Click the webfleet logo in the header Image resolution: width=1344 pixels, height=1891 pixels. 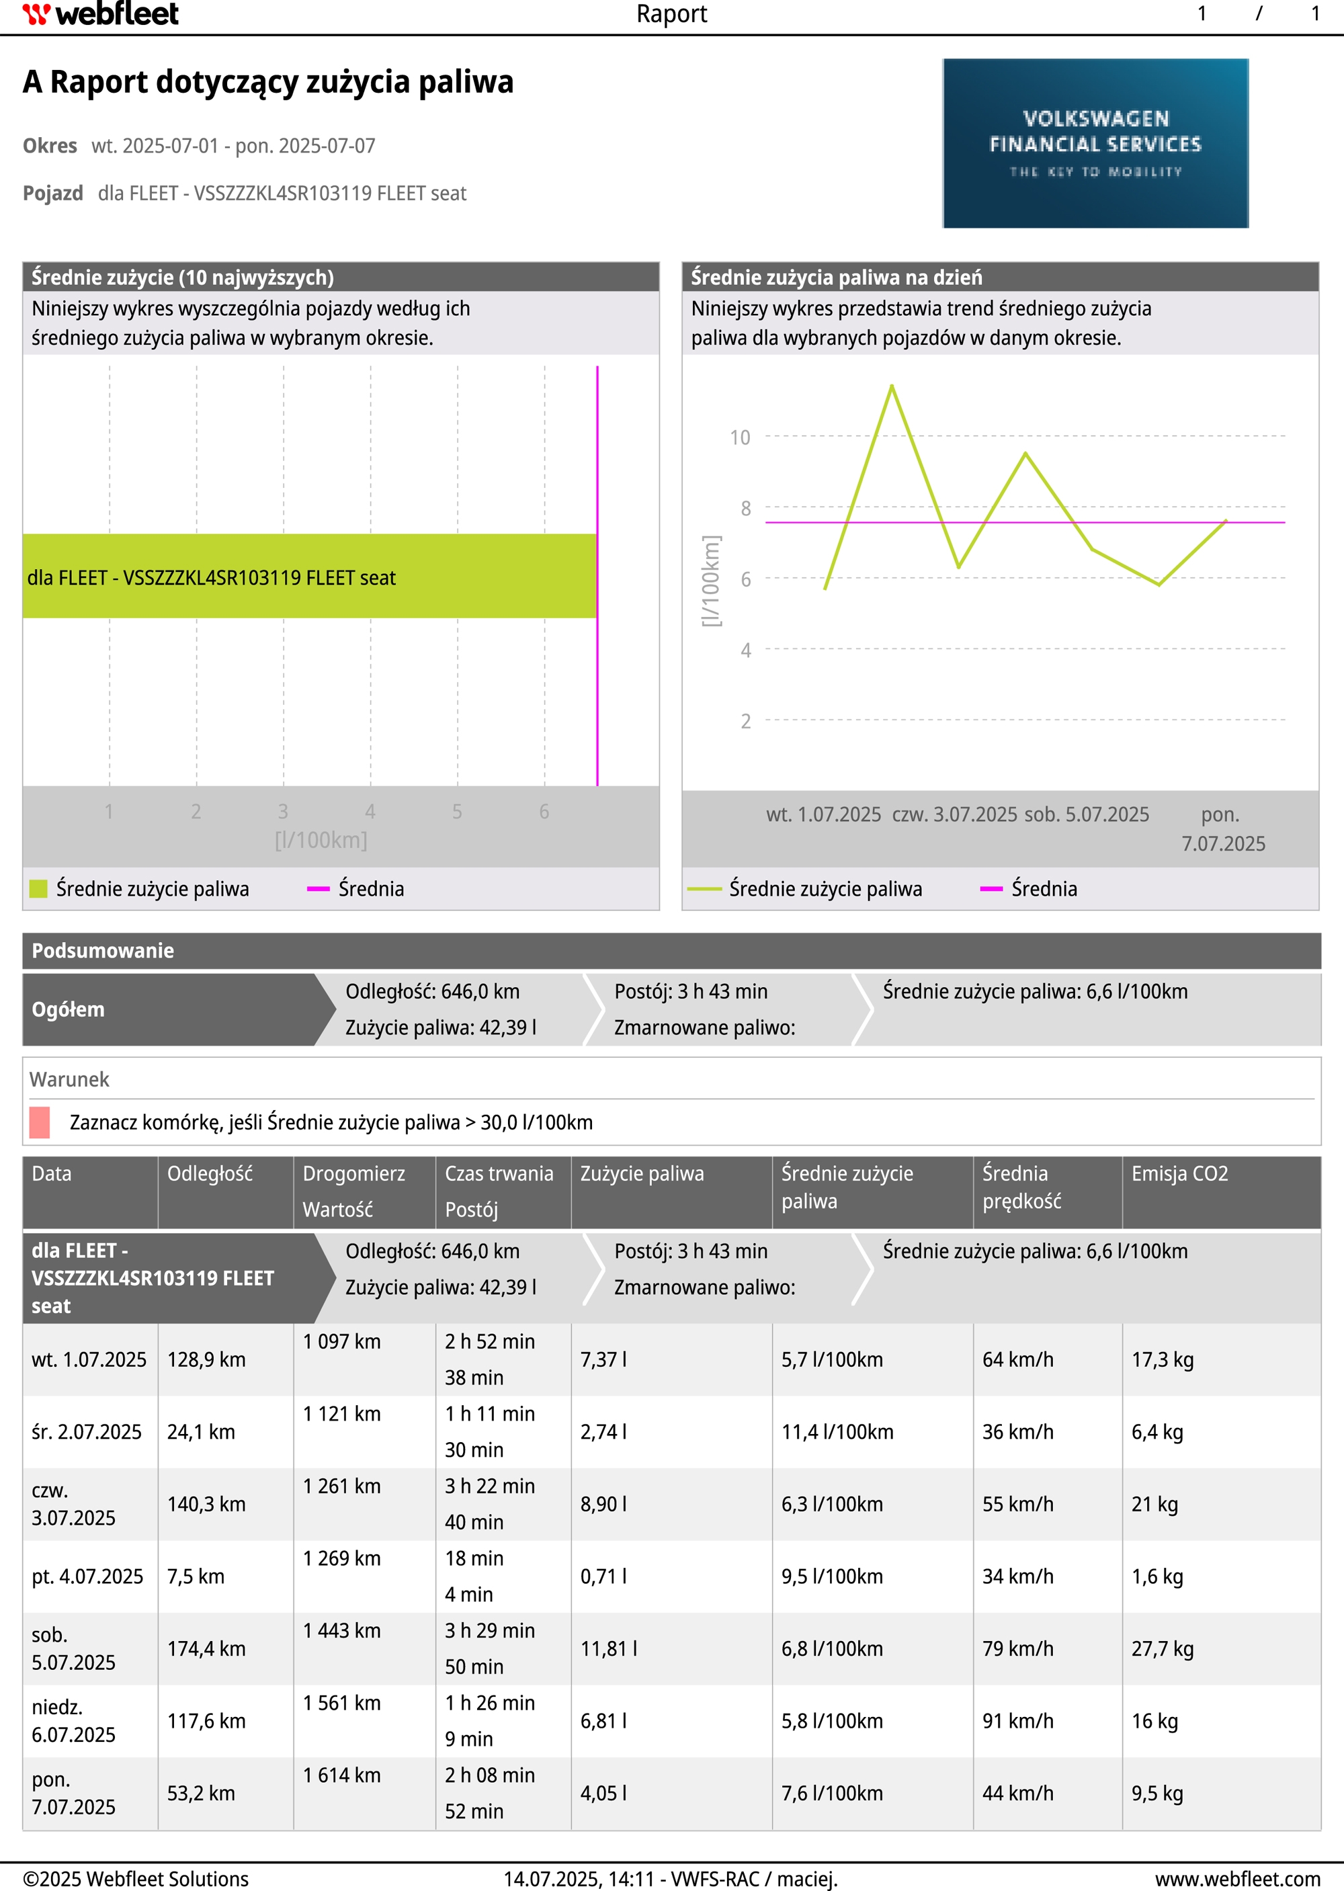coord(100,14)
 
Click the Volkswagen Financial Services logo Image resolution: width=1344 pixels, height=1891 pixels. coord(1095,143)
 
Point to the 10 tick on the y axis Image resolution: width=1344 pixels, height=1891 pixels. coord(740,437)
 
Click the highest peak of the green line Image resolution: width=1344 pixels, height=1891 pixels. coord(891,386)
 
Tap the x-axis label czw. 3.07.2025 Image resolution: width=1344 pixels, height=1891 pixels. coord(954,814)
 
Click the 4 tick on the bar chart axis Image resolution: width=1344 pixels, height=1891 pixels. coord(370,812)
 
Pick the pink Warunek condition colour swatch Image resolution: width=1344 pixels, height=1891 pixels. coord(40,1122)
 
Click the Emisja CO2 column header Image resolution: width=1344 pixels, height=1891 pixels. coord(1179,1173)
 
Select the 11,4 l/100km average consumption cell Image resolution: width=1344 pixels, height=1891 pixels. coord(837,1432)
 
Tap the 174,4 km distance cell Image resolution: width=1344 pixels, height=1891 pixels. coord(206,1648)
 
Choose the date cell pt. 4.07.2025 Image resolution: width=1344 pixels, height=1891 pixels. coord(87,1577)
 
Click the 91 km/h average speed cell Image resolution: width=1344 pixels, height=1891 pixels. coord(1017,1720)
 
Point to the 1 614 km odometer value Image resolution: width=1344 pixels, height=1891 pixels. coord(342,1775)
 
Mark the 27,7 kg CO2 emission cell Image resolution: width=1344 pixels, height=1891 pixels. coord(1162,1648)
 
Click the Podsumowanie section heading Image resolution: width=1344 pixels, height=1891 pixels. coord(103,951)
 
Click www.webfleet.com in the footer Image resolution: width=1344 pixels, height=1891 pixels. coord(1237,1879)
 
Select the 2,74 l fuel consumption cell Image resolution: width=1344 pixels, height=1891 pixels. coord(603,1432)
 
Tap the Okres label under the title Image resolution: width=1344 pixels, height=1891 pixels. coord(50,146)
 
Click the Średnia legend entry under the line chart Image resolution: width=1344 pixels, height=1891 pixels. coord(1043,889)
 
